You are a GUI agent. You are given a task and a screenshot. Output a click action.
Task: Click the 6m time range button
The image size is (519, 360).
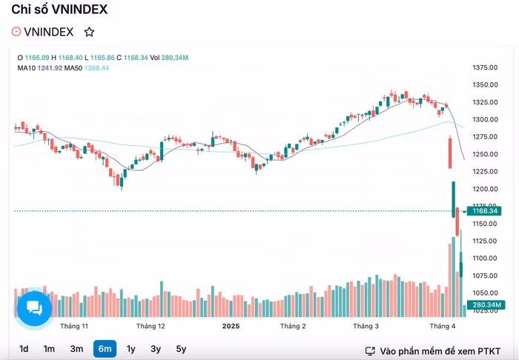pos(105,349)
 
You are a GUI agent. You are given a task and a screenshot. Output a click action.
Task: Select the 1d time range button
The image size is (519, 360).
pos(24,349)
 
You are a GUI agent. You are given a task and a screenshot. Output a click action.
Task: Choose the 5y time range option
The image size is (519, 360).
pos(181,349)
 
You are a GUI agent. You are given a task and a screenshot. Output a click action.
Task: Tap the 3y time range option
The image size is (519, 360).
pos(156,349)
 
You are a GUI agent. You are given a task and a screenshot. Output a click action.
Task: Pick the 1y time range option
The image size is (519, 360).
pos(131,349)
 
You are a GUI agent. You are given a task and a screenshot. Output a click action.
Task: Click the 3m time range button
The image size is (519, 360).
pos(76,349)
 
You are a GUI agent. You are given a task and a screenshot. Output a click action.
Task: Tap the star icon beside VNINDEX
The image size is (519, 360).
pos(89,32)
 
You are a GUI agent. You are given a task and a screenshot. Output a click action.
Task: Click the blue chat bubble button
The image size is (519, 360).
pos(34,307)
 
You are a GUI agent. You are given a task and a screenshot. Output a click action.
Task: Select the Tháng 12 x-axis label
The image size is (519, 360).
pos(151,326)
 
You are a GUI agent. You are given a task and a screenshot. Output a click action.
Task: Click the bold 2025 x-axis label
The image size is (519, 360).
pos(231,326)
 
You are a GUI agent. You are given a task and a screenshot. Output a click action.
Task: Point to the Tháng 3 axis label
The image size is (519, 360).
pos(366,326)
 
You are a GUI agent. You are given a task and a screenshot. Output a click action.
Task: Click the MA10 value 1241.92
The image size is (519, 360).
pos(49,68)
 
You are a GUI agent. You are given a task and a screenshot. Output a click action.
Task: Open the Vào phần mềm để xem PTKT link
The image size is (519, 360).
pos(433,350)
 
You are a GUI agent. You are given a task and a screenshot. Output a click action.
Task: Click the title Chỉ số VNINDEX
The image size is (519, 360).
pos(59,10)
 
